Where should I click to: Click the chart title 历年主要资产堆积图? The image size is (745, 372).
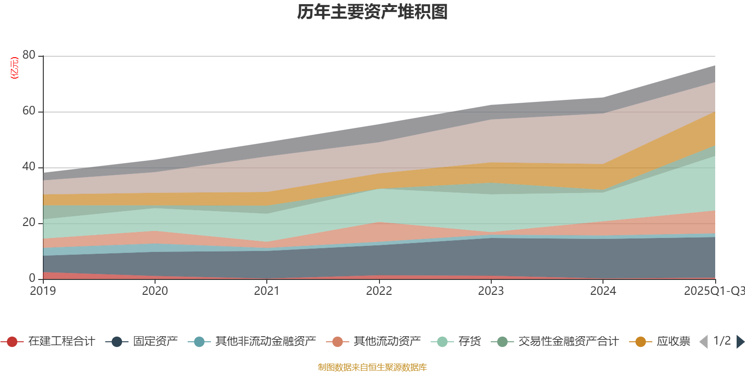[372, 13]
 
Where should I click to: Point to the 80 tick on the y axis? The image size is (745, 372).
[29, 55]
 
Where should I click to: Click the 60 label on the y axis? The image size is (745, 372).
[29, 111]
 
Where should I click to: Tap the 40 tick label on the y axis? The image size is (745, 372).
[29, 167]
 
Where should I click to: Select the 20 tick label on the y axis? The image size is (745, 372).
[29, 223]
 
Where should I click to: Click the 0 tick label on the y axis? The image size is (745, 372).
[32, 279]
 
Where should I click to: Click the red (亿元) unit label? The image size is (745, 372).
[14, 68]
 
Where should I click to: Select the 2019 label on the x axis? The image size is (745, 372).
[43, 291]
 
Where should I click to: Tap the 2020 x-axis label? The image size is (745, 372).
[155, 291]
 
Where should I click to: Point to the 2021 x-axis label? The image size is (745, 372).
[267, 291]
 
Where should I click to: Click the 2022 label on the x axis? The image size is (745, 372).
[379, 291]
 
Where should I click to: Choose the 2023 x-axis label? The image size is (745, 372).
[491, 291]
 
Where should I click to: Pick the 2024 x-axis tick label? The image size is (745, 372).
[603, 291]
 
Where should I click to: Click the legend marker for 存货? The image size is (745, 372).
[442, 342]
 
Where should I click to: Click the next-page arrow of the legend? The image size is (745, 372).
[740, 342]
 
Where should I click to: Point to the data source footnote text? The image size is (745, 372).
[372, 367]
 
